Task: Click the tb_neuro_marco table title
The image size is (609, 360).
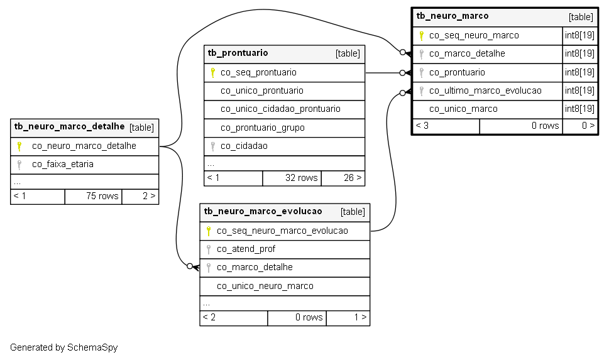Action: [453, 16]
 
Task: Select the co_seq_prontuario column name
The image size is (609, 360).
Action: [258, 73]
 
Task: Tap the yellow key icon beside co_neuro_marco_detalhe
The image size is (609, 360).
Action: [19, 146]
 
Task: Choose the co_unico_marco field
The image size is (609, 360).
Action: [463, 109]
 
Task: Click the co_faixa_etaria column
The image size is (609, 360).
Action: [62, 164]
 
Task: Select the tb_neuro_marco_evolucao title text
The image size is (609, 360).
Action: [263, 212]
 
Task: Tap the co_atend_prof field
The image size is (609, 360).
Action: [246, 249]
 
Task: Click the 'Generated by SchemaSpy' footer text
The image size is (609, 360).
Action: [63, 347]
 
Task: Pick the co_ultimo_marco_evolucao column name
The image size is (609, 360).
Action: [485, 91]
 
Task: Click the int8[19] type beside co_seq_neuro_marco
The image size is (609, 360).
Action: [579, 35]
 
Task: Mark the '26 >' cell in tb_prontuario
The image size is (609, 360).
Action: [353, 178]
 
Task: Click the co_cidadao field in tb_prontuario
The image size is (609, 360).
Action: [244, 146]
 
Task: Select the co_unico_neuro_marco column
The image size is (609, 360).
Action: [265, 286]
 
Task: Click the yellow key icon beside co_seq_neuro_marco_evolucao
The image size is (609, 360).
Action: [209, 231]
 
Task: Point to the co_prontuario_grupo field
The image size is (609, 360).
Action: [262, 128]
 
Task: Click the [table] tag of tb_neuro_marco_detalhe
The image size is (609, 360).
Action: [141, 128]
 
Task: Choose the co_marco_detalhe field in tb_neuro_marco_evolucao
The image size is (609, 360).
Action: [255, 267]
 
